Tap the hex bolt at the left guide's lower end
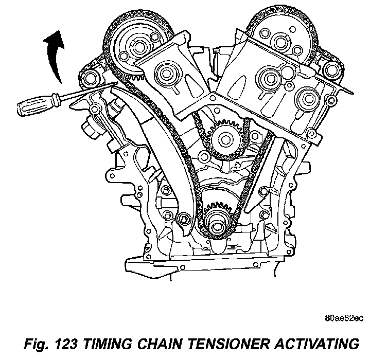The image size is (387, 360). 184,221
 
